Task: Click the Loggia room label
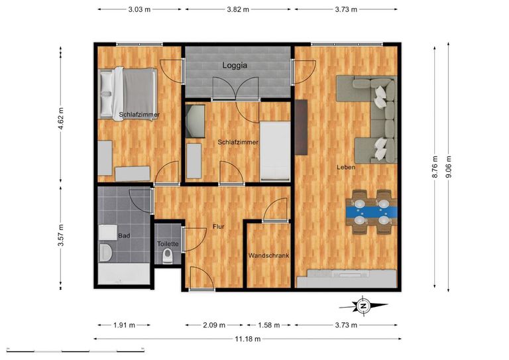235,65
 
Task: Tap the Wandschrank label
268,255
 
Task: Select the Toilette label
168,244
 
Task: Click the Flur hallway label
219,227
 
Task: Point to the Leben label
346,167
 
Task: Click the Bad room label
124,235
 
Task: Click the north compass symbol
364,306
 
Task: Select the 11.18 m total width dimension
248,339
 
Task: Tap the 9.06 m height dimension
448,167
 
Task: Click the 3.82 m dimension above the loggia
238,9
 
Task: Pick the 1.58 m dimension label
269,325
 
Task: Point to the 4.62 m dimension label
61,118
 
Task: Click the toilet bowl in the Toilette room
168,256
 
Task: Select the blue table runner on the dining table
372,211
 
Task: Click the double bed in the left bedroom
127,94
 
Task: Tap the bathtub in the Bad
124,274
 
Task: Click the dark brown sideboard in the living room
302,127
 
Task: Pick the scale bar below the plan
76,350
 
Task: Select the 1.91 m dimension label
125,325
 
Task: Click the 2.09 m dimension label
214,325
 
